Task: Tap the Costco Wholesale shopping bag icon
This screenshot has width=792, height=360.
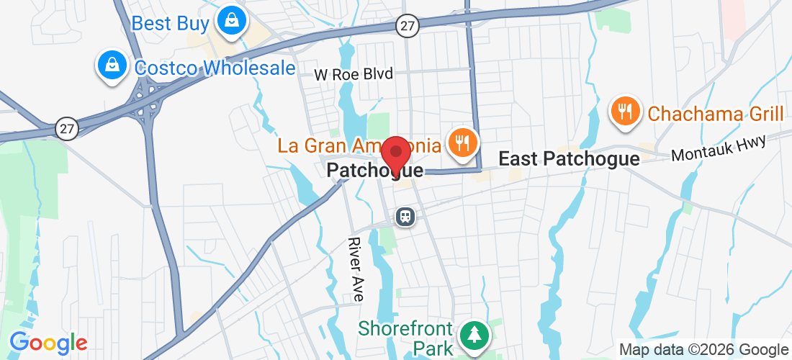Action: coord(112,66)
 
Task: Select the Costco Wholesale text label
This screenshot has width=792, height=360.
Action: coord(215,68)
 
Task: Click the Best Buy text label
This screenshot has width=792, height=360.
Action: coord(170,23)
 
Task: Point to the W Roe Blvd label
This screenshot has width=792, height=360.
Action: coord(354,74)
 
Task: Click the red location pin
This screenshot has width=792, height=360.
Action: coord(395,155)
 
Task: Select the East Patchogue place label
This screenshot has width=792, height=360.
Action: coord(569,158)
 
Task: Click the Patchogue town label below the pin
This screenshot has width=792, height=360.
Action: coord(374,171)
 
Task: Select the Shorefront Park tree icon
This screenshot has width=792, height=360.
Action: coord(474,334)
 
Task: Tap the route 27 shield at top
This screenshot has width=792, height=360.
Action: coord(408,26)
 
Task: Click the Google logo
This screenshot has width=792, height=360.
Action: coord(48,343)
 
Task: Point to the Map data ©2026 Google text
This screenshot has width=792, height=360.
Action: coord(703,350)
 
